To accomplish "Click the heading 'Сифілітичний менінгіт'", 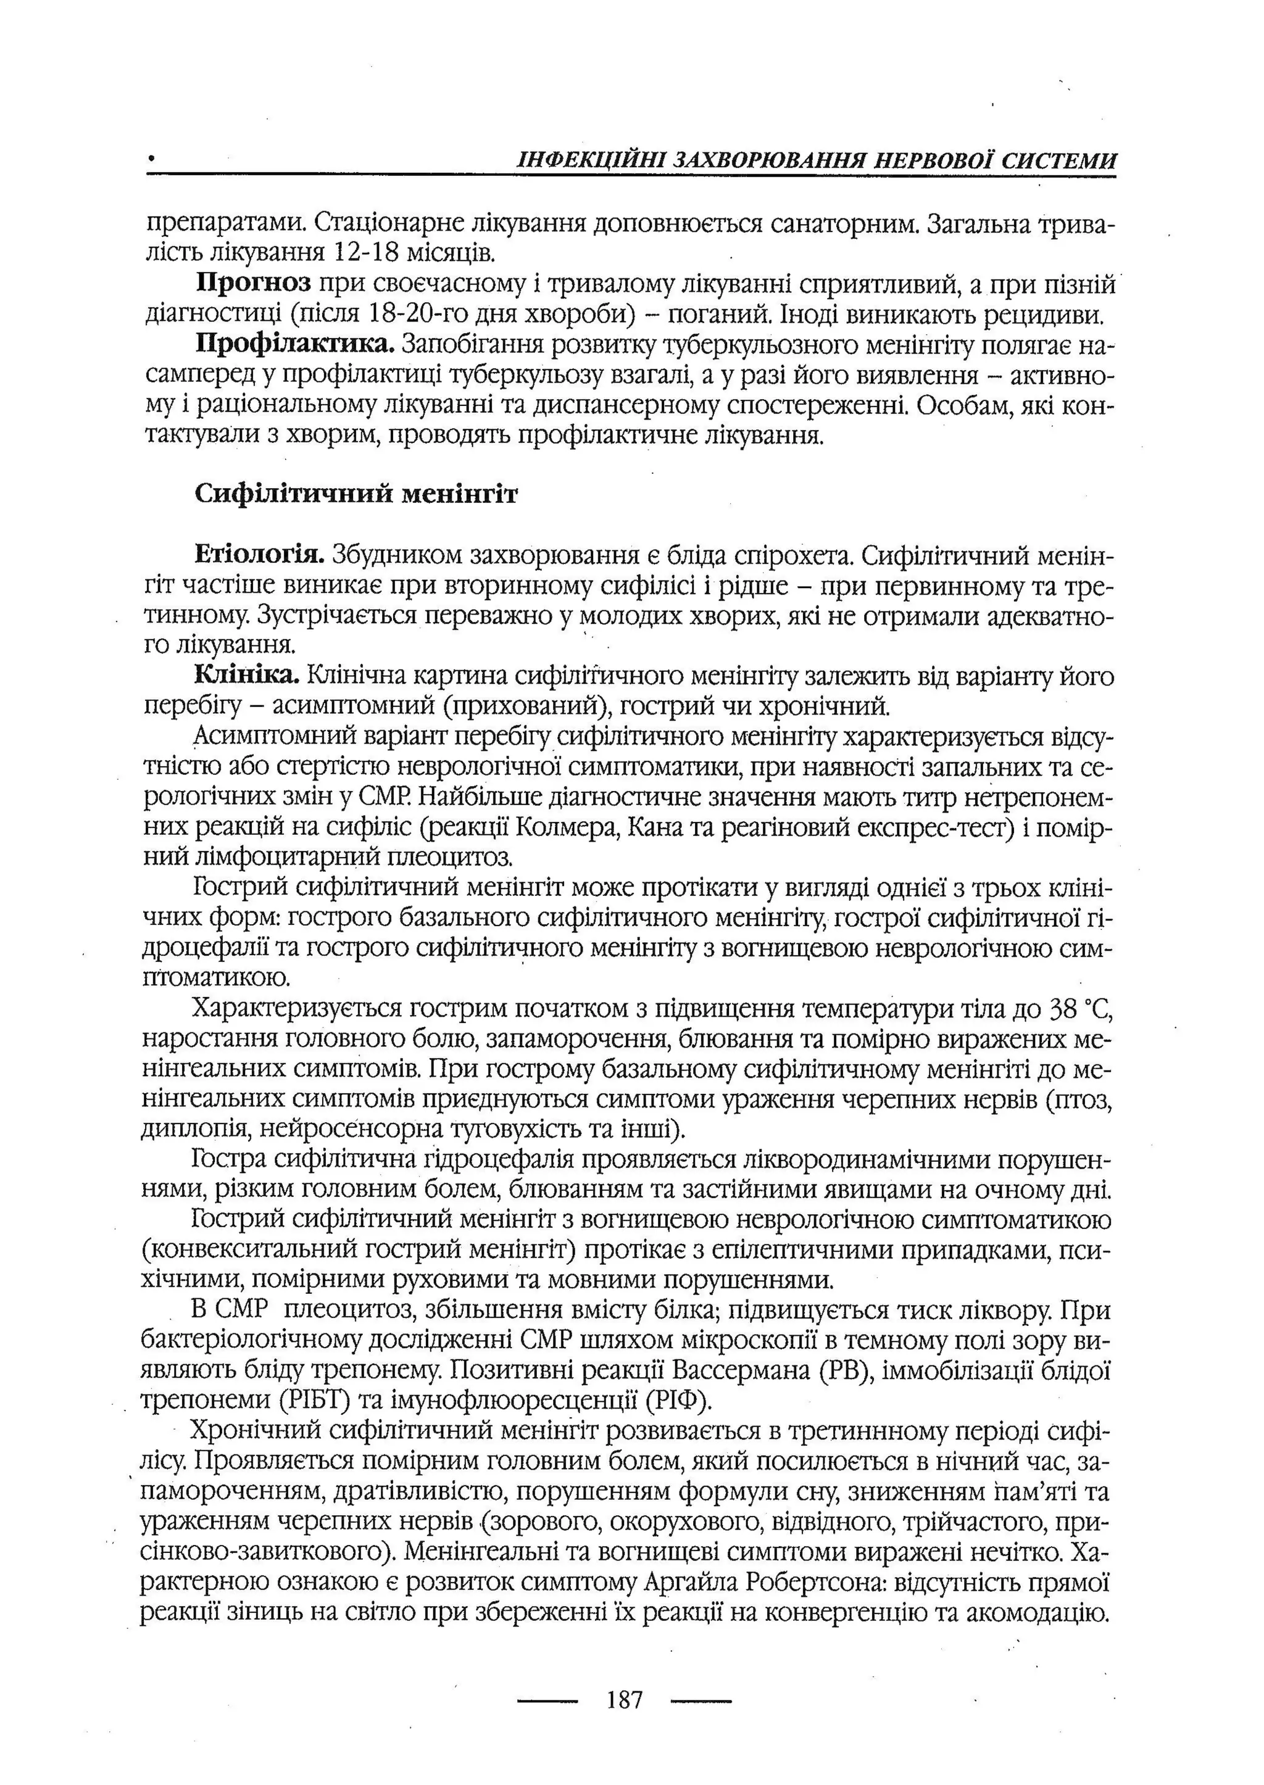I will (x=355, y=494).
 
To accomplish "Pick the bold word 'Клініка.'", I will (x=247, y=676).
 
